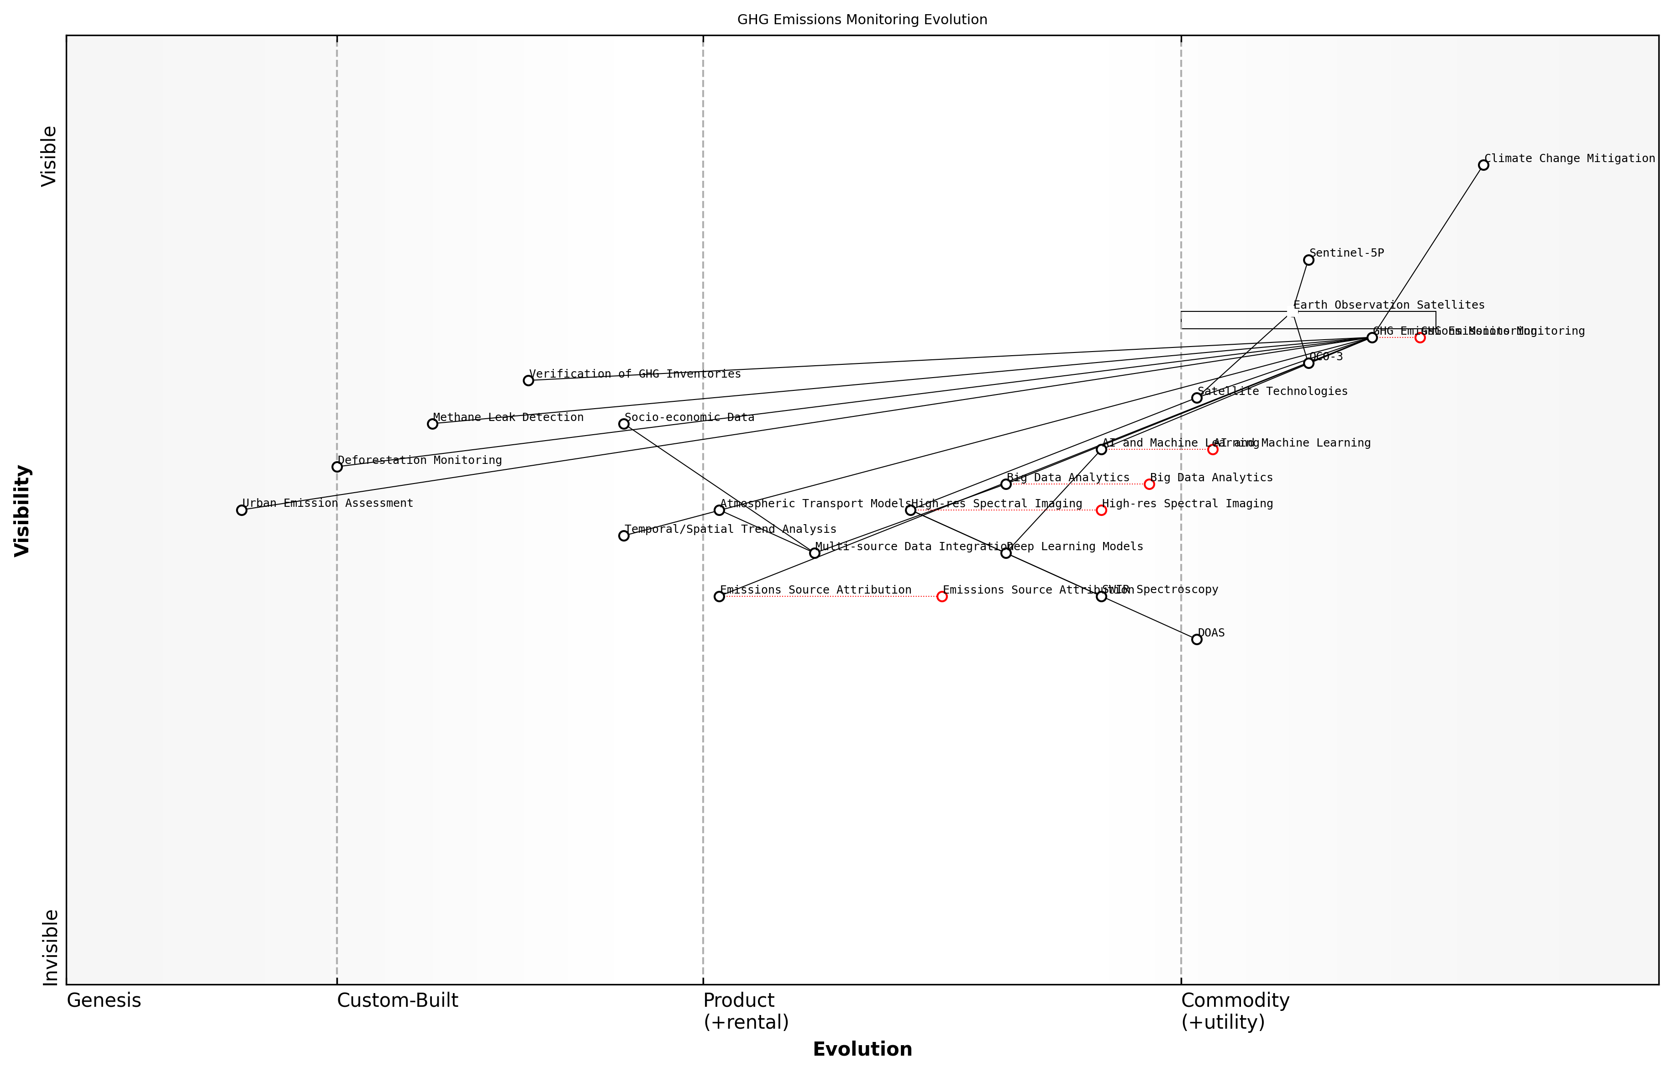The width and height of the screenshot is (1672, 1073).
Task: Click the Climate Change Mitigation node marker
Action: point(1483,165)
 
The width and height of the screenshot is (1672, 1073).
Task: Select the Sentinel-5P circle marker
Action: point(1309,260)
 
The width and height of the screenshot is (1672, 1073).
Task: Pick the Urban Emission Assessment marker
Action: point(242,510)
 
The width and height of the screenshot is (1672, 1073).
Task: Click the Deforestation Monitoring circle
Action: point(337,467)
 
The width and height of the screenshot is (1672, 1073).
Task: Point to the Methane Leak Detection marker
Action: point(433,424)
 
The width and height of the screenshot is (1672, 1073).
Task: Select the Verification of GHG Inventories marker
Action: point(528,380)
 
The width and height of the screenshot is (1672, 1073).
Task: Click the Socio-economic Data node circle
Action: point(624,424)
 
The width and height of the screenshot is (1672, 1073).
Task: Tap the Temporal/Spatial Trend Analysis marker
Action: point(624,536)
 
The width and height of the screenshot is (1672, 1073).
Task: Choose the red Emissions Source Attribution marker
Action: point(942,596)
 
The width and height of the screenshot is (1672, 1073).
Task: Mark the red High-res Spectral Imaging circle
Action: point(1101,510)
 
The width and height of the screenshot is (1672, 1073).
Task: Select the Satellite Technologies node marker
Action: point(1197,398)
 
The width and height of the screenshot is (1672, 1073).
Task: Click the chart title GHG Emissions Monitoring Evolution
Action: point(862,20)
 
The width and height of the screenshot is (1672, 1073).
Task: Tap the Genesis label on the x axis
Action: point(104,1000)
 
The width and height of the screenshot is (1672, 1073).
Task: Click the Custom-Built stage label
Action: point(397,1000)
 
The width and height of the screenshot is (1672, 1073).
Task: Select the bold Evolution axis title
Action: point(862,1049)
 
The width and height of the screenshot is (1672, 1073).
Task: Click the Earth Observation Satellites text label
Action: point(1388,305)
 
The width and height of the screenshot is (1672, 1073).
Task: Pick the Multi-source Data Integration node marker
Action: point(815,553)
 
